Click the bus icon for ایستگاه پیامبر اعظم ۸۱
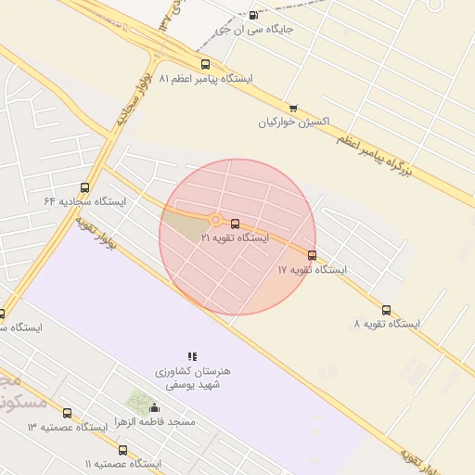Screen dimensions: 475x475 [x=205, y=64]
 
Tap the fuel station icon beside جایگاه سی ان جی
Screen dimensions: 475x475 [x=254, y=15]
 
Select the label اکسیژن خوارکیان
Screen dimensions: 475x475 [x=294, y=122]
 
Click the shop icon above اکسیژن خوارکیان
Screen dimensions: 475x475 [x=293, y=108]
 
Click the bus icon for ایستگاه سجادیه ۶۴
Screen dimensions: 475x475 [x=85, y=187]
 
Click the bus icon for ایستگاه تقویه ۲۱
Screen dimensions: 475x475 [x=235, y=224]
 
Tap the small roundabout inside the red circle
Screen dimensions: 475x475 [x=215, y=220]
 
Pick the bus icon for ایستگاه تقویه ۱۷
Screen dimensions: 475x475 [x=312, y=255]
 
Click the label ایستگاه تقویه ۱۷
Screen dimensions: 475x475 [x=312, y=270]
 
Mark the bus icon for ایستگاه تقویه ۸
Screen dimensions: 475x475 [x=386, y=310]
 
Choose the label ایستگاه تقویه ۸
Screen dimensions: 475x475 [x=387, y=325]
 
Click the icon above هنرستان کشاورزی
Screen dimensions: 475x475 [x=192, y=355]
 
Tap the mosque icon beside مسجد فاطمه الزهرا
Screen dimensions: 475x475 [x=154, y=408]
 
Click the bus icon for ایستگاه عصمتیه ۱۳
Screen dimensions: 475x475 [x=67, y=413]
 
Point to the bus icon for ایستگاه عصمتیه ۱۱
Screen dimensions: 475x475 [x=122, y=450]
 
